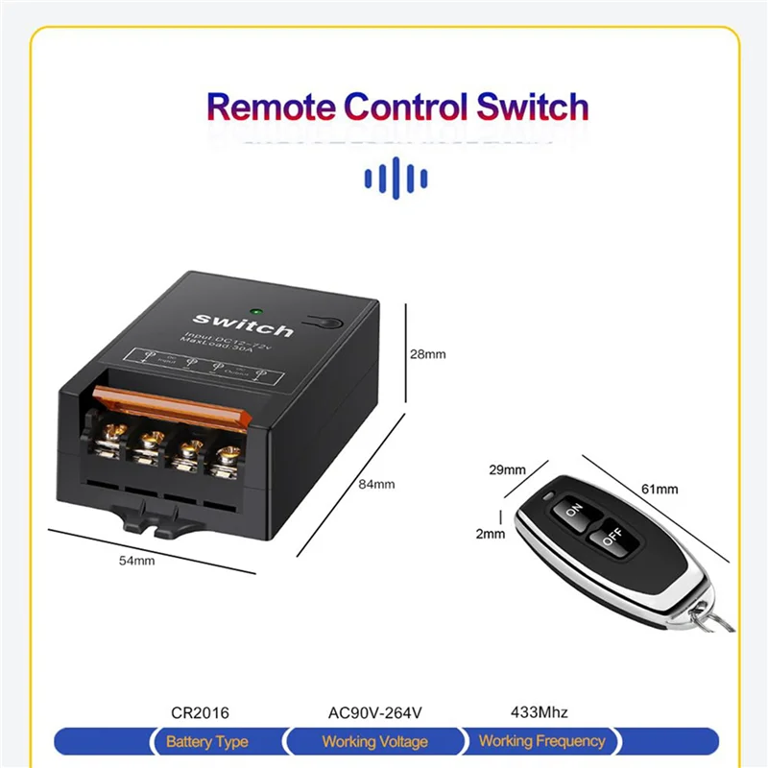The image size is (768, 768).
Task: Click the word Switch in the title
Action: (531, 107)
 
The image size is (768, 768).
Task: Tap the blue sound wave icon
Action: (396, 178)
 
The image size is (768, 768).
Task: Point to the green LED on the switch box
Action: (257, 310)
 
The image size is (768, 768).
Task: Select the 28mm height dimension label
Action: (428, 354)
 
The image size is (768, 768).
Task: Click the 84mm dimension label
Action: (377, 484)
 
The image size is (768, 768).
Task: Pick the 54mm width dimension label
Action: (136, 561)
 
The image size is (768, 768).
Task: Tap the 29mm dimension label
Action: (507, 470)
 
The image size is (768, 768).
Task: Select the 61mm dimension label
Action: (660, 489)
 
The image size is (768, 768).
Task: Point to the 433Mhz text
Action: (539, 712)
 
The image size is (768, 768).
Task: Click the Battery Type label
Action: (206, 741)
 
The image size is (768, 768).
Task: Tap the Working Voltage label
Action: (374, 741)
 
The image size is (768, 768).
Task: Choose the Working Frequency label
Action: (541, 741)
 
